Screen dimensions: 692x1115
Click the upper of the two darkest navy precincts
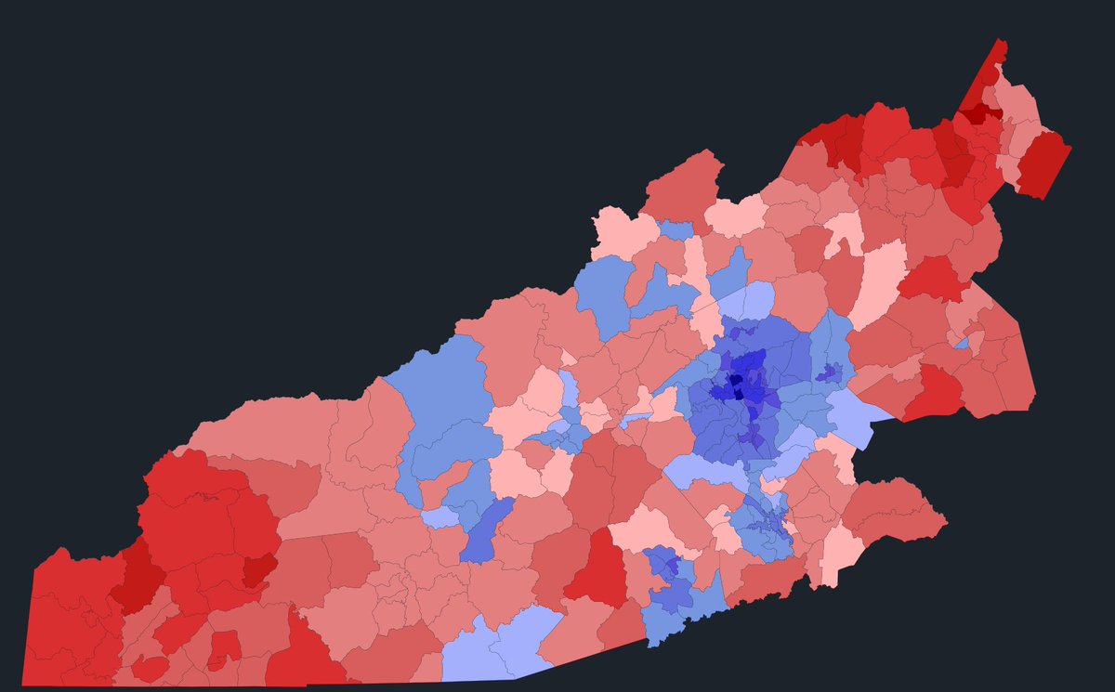click(735, 380)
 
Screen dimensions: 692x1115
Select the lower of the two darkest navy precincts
click(740, 393)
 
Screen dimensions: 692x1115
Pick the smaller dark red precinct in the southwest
click(259, 568)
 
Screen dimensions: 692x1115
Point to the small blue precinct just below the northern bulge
click(676, 230)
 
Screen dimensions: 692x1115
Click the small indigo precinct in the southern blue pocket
click(662, 562)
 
